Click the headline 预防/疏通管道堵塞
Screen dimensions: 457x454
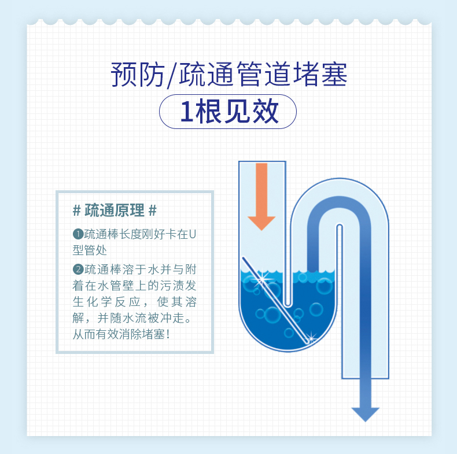pos(228,76)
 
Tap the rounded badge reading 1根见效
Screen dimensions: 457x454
pos(228,112)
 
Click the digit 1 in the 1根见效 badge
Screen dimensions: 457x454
pos(186,112)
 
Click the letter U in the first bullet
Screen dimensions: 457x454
pos(193,235)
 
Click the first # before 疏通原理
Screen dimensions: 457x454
pos(77,210)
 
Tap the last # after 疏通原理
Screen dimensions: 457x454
pos(153,210)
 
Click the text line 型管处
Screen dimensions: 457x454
pos(90,250)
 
